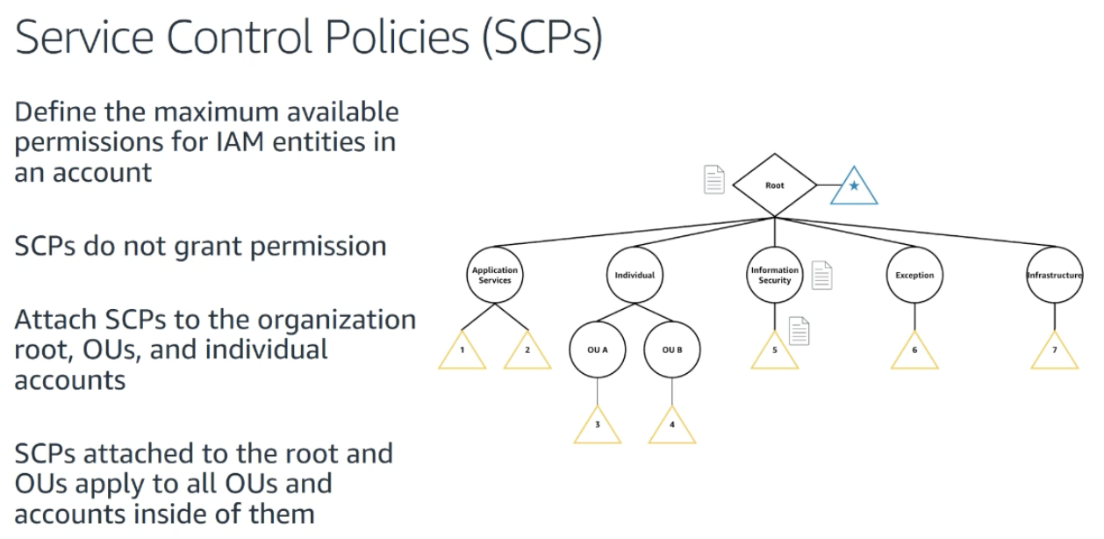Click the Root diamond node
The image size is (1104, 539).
coord(775,186)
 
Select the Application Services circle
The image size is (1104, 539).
coord(495,275)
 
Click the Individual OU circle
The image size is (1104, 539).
coord(634,275)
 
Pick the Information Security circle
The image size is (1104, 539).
coord(775,275)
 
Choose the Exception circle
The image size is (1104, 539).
coord(914,275)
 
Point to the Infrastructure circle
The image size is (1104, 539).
coord(1054,275)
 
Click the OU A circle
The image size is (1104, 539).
coord(598,349)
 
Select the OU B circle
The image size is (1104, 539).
coord(672,349)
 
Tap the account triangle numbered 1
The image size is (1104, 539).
coord(462,353)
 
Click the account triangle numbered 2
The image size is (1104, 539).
coord(527,353)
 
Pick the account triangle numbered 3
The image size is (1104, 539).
coord(598,428)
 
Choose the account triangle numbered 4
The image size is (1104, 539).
coord(672,428)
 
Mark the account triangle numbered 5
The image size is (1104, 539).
coord(775,353)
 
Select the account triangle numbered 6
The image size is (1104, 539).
coord(914,353)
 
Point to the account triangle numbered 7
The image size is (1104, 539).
coord(1054,353)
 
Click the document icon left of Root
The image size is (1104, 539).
coord(715,179)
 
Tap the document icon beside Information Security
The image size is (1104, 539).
coord(821,276)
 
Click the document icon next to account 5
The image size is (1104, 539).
coord(799,331)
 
